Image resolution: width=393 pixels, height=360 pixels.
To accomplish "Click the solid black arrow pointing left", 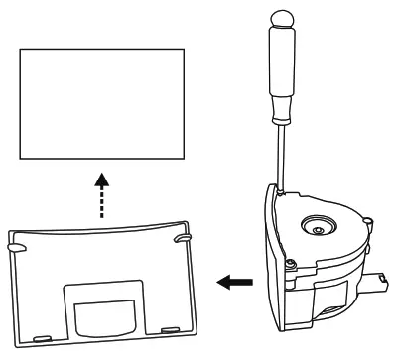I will pos(236,282).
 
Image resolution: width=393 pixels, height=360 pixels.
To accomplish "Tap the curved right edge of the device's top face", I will pos(368,238).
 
